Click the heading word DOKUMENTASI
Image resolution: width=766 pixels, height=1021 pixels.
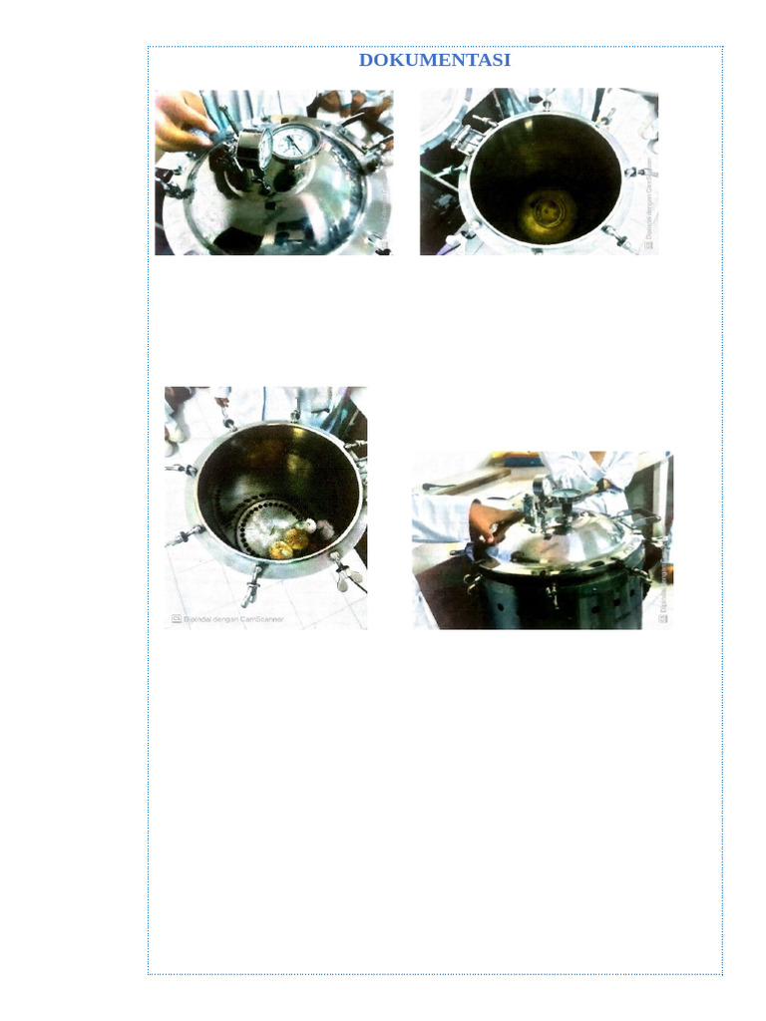click(434, 60)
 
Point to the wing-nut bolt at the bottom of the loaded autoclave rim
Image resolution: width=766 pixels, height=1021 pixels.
click(250, 588)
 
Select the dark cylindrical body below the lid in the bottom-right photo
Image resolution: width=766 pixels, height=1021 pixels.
click(559, 603)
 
